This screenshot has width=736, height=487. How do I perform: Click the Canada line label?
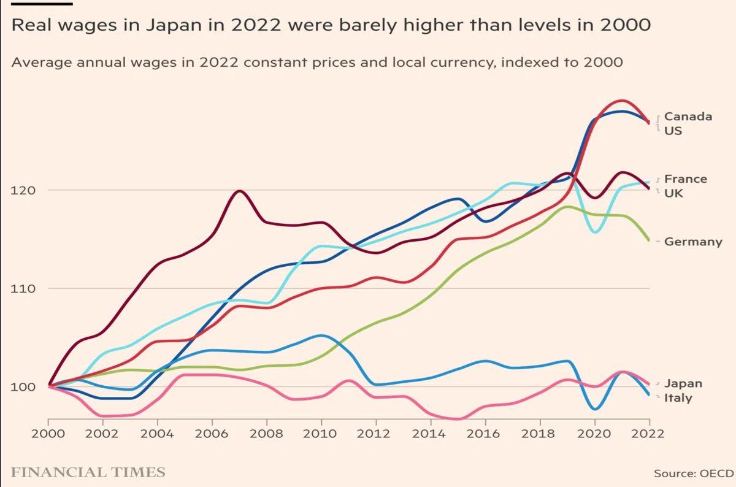(x=688, y=117)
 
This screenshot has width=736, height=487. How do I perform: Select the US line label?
(x=673, y=131)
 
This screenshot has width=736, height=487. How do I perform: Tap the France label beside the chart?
(x=686, y=179)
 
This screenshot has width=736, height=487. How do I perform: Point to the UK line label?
(x=673, y=193)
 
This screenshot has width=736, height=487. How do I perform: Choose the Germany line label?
(x=693, y=242)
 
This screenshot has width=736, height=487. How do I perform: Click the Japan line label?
(x=683, y=383)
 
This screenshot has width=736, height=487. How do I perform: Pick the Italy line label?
(x=678, y=398)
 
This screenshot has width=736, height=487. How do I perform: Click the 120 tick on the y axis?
(x=23, y=190)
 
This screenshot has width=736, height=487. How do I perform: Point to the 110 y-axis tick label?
(x=23, y=289)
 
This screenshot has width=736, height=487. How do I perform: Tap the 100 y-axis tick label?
(x=23, y=387)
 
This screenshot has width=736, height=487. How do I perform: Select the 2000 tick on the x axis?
(x=48, y=434)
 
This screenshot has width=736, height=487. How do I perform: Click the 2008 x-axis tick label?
(x=266, y=434)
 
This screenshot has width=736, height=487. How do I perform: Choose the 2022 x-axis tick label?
(x=648, y=434)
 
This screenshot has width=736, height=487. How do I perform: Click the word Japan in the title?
(x=174, y=26)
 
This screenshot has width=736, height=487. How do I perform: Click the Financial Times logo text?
(x=88, y=472)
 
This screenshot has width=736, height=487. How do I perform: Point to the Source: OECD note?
(x=694, y=474)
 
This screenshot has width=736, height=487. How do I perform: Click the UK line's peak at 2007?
(x=240, y=191)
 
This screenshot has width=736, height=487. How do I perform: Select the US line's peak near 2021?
(x=622, y=101)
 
